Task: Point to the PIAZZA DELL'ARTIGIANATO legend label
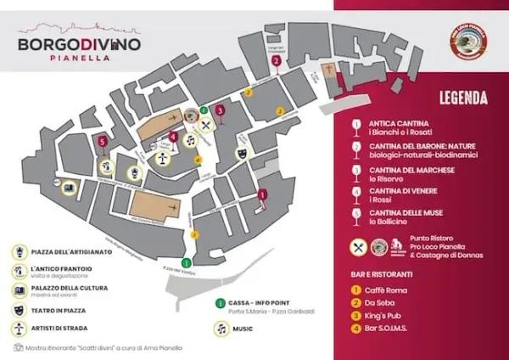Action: coord(71,252)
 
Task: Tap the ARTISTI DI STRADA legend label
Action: coord(60,327)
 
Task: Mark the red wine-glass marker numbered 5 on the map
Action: coord(103,142)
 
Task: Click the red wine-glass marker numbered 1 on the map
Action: coord(262,194)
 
